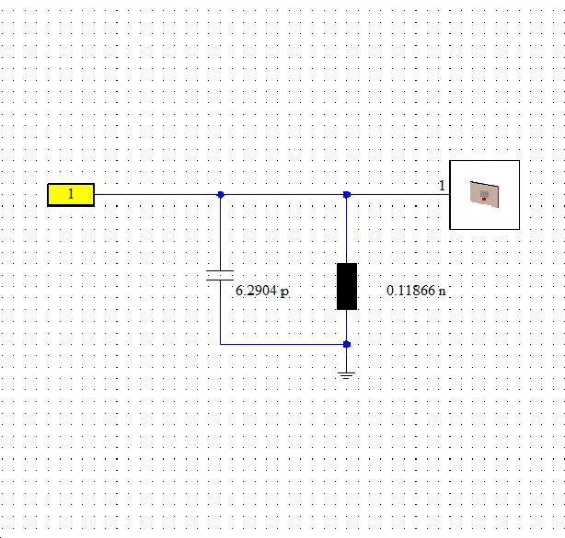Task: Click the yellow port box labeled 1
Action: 71,195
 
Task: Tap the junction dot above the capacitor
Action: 221,195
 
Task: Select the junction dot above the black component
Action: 347,195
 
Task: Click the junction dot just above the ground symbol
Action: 347,344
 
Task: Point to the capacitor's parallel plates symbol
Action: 220,275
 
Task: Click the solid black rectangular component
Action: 347,286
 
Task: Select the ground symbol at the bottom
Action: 346,375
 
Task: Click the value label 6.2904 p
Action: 262,291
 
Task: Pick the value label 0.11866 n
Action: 416,291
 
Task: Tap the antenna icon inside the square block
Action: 484,194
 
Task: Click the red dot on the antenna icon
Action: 484,199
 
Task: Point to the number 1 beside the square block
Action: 442,186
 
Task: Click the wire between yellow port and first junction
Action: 156,194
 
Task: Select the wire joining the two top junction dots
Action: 283,194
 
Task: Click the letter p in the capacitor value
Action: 284,292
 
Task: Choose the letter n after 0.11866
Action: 442,291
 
